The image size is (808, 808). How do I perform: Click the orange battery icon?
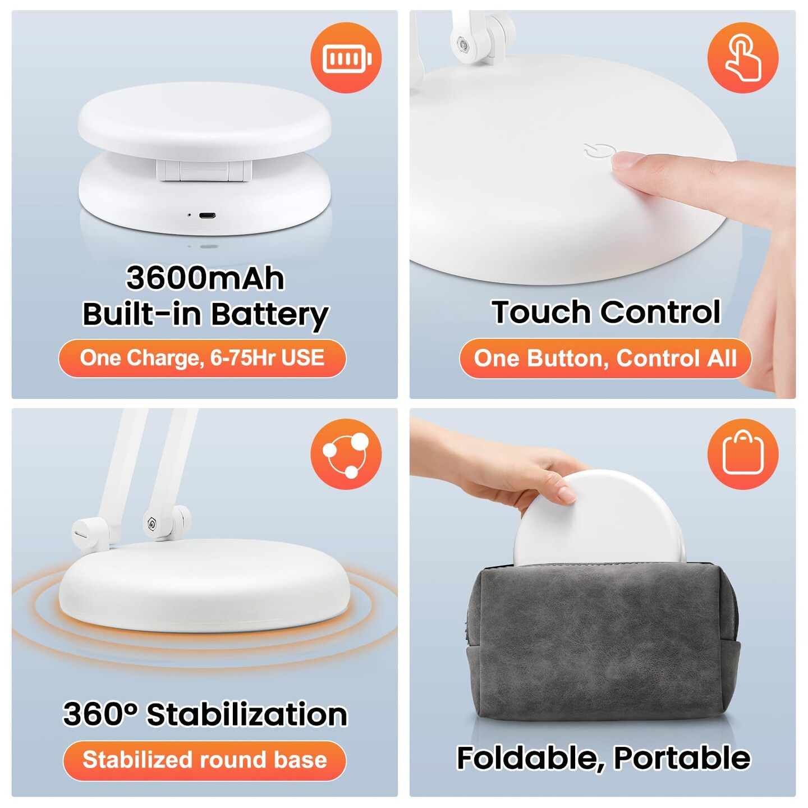click(x=346, y=58)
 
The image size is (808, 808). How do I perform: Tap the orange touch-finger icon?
click(x=742, y=58)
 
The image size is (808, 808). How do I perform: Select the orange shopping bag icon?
click(x=742, y=454)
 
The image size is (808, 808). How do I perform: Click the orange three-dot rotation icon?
click(x=346, y=454)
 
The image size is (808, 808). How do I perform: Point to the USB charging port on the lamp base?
click(x=207, y=215)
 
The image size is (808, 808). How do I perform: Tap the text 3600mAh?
click(x=205, y=278)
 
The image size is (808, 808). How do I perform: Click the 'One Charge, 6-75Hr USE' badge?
click(x=202, y=358)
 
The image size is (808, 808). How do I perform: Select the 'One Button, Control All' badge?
click(x=605, y=359)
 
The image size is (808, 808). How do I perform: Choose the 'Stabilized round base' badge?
click(x=204, y=760)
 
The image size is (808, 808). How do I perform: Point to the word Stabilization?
click(x=247, y=714)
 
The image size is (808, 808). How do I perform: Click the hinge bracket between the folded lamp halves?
click(x=203, y=171)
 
